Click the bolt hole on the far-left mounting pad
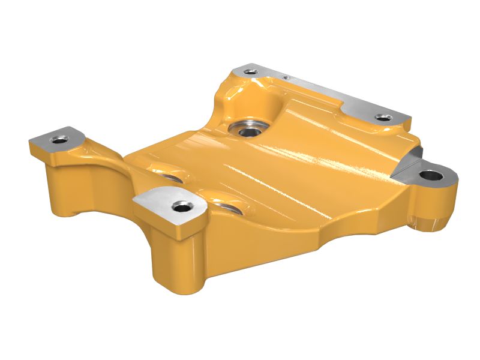coord(58,140)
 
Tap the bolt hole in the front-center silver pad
coord(179,207)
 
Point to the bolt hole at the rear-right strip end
coord(379,117)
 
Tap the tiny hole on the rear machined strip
coord(287,77)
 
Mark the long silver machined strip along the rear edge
coord(336,99)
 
